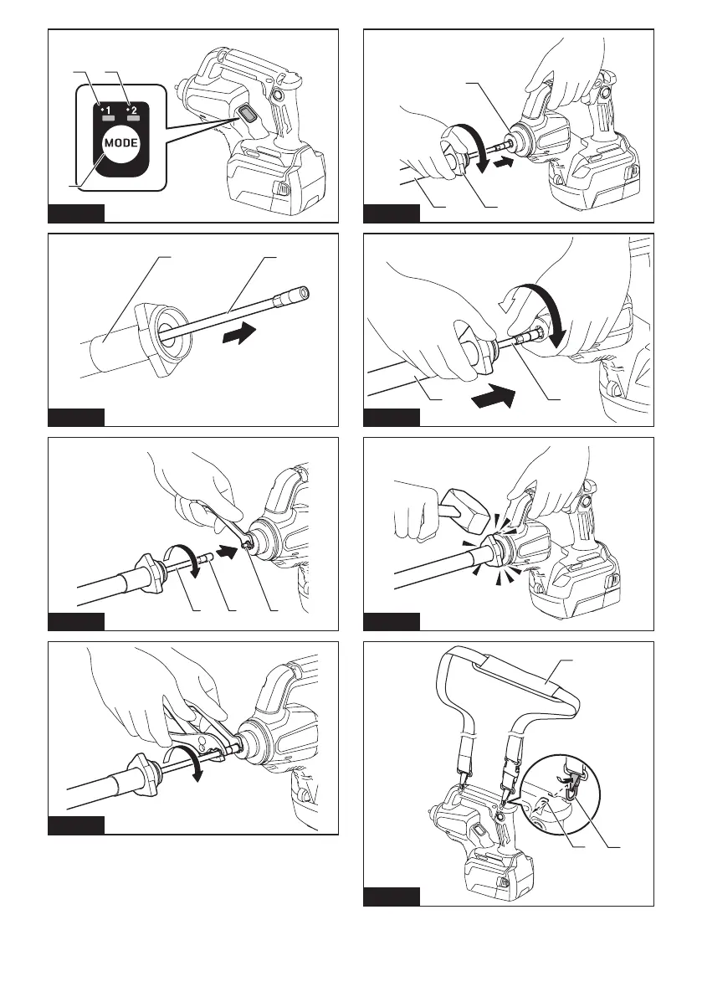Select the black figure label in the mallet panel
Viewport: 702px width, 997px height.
(392, 620)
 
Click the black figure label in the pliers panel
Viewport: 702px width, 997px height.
(76, 826)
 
